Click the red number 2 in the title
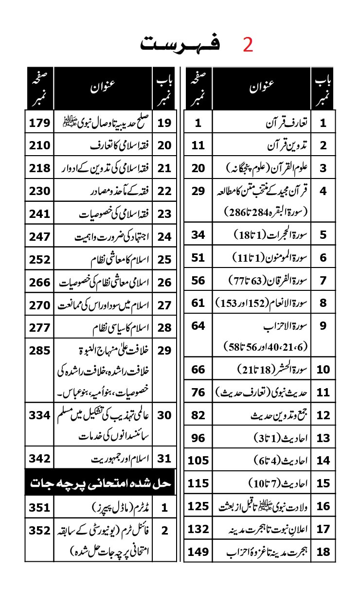(x=248, y=45)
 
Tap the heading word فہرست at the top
(x=180, y=44)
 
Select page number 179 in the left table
(x=39, y=122)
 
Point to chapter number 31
(x=165, y=459)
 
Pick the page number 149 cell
(x=198, y=552)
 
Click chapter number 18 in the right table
(x=323, y=552)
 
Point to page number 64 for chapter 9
(x=198, y=325)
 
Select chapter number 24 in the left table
(x=165, y=236)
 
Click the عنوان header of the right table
(x=262, y=88)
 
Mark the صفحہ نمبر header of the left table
(x=39, y=89)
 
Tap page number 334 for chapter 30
(x=39, y=415)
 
